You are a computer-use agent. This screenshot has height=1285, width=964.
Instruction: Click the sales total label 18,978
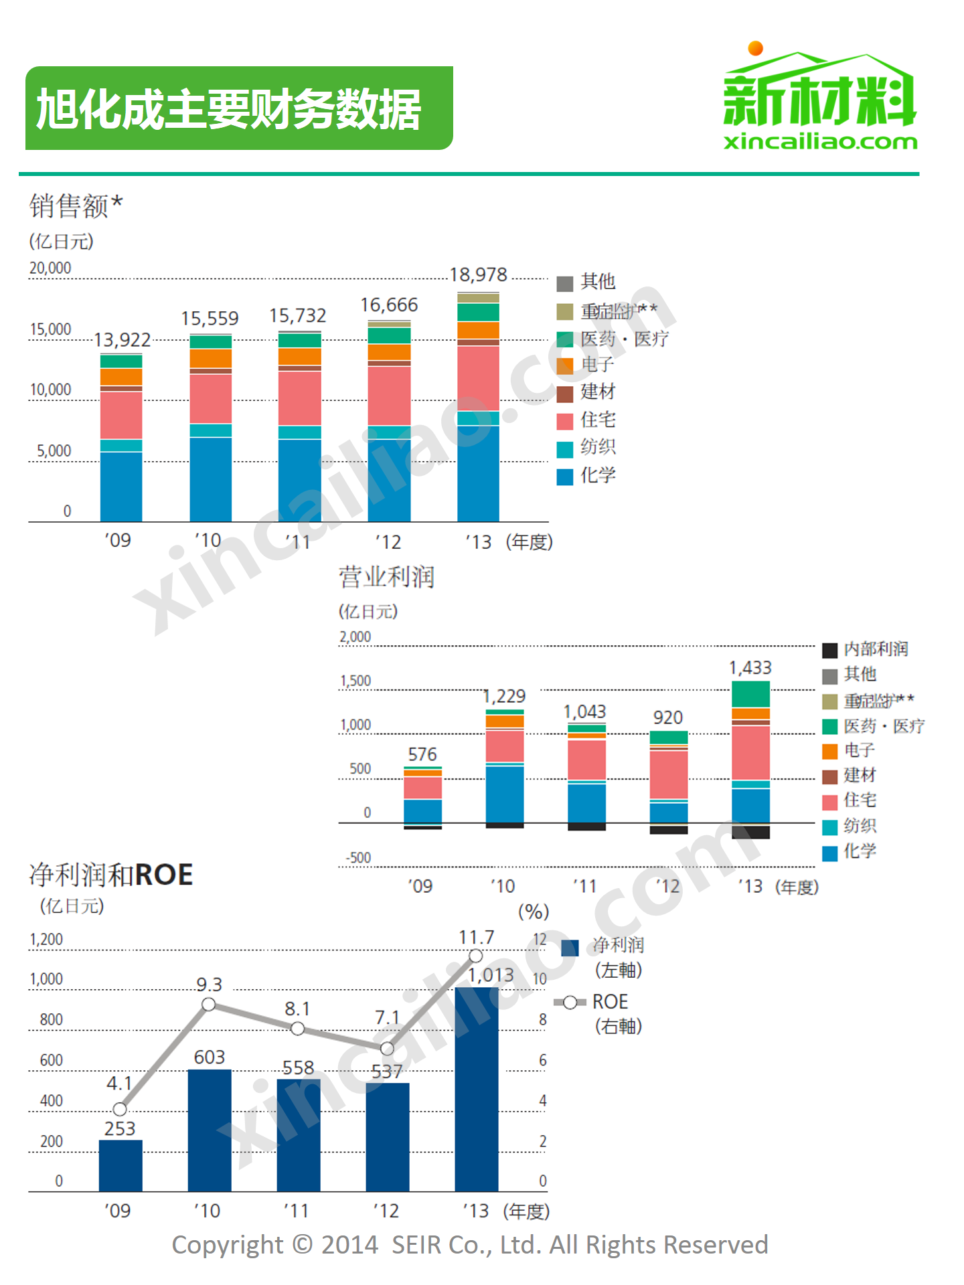[x=478, y=275]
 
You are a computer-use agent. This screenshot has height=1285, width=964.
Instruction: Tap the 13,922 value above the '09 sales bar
[x=122, y=340]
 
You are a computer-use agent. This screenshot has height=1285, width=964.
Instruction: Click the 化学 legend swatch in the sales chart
[x=565, y=477]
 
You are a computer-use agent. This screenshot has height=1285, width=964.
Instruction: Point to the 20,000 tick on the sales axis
[x=50, y=268]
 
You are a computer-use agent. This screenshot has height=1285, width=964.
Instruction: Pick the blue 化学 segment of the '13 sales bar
[x=478, y=473]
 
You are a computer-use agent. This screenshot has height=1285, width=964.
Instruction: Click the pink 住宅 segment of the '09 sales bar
[x=121, y=415]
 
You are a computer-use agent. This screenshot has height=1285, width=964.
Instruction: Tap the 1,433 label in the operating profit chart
[x=750, y=667]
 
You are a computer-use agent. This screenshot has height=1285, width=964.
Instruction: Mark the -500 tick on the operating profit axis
[x=358, y=858]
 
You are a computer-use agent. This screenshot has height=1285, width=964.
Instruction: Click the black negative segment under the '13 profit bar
[x=750, y=832]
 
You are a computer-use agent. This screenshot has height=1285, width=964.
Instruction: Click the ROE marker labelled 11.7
[x=476, y=956]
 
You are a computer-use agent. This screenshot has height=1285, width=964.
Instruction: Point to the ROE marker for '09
[x=120, y=1109]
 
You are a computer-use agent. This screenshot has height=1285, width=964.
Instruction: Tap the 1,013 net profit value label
[x=491, y=975]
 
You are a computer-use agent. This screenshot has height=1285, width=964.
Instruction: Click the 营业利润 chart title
[x=386, y=577]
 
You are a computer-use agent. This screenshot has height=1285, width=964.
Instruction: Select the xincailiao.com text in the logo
[x=820, y=142]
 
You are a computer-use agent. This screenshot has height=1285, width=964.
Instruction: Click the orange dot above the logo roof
[x=756, y=48]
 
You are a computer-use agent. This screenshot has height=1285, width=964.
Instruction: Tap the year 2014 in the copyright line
[x=349, y=1245]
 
